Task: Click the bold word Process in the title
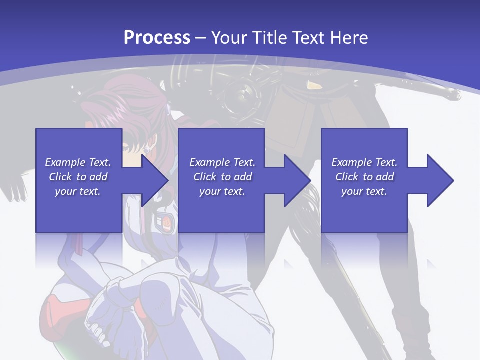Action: (157, 37)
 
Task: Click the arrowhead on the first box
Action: (155, 180)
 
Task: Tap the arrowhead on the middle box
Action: (297, 180)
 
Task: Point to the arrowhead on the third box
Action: (440, 180)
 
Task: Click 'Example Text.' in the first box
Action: (78, 162)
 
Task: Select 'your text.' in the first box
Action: (78, 191)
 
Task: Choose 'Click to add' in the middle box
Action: (222, 177)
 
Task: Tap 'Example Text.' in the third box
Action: (364, 162)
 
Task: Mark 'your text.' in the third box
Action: (364, 191)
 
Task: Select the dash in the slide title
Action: (200, 38)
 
